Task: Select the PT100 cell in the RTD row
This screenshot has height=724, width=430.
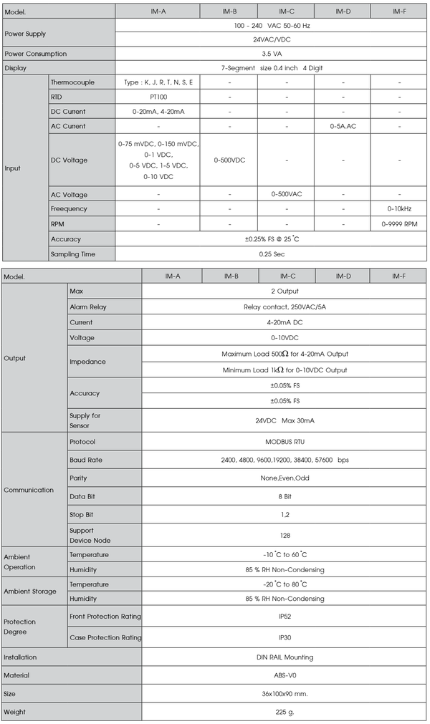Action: (x=158, y=97)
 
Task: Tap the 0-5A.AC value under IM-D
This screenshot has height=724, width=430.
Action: (x=343, y=126)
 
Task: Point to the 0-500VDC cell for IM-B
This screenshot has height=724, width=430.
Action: (x=229, y=160)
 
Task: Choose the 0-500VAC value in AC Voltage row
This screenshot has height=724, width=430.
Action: (x=286, y=194)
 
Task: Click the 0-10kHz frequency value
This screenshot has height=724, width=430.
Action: (x=399, y=209)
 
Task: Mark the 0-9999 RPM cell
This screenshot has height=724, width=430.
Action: (x=399, y=224)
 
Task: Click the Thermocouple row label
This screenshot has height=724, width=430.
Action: (x=72, y=82)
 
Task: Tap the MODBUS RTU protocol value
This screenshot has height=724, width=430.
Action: (x=285, y=442)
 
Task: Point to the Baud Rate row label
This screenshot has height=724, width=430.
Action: (x=85, y=460)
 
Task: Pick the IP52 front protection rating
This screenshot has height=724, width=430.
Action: (x=285, y=616)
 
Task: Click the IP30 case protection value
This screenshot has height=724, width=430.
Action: (x=285, y=637)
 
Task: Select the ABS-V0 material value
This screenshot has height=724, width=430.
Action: (x=285, y=675)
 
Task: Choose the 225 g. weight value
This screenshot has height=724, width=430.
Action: (x=285, y=712)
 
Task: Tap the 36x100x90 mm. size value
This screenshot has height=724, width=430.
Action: (x=285, y=693)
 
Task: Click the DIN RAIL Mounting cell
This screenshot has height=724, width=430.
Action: (x=285, y=657)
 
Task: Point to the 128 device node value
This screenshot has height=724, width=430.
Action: (x=285, y=535)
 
